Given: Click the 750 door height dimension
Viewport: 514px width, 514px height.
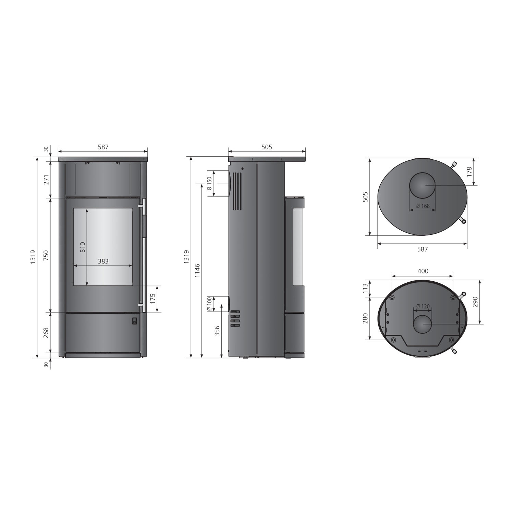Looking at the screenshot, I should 46,255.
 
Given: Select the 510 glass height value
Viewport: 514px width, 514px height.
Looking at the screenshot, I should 83,247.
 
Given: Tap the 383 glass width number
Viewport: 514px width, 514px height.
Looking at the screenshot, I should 103,261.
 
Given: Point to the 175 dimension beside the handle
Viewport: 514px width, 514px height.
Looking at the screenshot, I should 153,298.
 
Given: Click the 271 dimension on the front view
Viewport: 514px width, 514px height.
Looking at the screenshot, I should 46,179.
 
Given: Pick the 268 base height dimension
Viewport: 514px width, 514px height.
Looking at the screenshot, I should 46,332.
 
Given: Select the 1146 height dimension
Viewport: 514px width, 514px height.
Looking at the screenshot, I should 197,271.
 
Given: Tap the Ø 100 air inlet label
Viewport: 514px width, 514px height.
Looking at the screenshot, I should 210,304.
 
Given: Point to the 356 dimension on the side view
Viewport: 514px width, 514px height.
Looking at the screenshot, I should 217,331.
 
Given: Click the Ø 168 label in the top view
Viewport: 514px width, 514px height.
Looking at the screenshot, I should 423,206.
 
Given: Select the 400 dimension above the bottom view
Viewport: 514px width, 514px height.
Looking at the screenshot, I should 423,271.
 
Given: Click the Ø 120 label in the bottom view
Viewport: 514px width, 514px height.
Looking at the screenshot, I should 423,306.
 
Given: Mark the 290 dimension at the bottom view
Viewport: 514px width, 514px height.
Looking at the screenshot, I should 475,302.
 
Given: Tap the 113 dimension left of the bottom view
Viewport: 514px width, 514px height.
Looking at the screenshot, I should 365,288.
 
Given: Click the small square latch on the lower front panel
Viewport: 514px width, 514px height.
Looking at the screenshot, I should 134,321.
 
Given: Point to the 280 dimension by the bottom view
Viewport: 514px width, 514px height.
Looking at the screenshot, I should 365,318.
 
